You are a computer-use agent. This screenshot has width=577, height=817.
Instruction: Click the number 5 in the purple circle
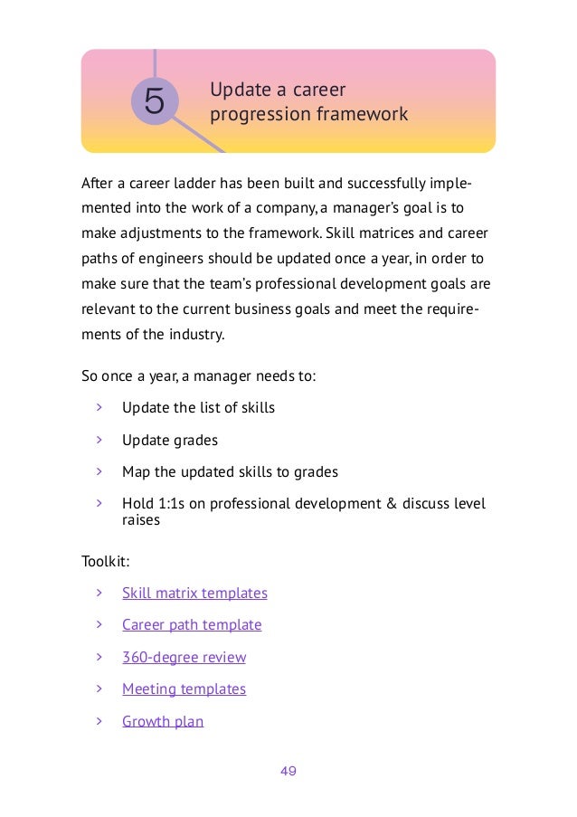pyautogui.click(x=155, y=102)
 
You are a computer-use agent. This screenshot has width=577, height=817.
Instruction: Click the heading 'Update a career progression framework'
pyautogui.click(x=308, y=103)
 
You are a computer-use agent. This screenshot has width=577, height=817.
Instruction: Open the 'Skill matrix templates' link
pyautogui.click(x=194, y=594)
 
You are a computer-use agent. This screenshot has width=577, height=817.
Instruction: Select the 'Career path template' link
pyautogui.click(x=192, y=625)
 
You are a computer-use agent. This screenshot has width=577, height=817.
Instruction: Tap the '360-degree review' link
pyautogui.click(x=184, y=658)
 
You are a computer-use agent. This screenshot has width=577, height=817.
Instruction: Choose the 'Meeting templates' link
pyautogui.click(x=184, y=689)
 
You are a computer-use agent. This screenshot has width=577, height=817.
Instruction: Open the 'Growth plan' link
pyautogui.click(x=163, y=721)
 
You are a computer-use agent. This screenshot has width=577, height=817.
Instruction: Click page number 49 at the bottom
pyautogui.click(x=288, y=772)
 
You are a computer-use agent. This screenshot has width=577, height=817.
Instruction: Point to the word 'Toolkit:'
pyautogui.click(x=106, y=562)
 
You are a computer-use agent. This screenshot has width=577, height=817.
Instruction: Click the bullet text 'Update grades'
pyautogui.click(x=170, y=440)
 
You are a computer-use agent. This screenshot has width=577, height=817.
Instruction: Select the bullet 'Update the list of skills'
pyautogui.click(x=198, y=408)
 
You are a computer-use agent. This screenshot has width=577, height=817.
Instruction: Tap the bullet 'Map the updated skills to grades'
pyautogui.click(x=230, y=471)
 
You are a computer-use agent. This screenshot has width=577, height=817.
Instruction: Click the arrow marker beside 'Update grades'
pyautogui.click(x=99, y=440)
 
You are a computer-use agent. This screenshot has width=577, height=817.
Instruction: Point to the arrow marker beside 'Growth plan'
pyautogui.click(x=99, y=721)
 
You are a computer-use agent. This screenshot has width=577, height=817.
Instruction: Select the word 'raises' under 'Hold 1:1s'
pyautogui.click(x=141, y=520)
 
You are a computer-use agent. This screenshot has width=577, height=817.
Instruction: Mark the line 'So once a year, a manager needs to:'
pyautogui.click(x=199, y=375)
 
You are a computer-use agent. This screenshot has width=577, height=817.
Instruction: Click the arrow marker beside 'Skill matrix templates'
pyautogui.click(x=99, y=594)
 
